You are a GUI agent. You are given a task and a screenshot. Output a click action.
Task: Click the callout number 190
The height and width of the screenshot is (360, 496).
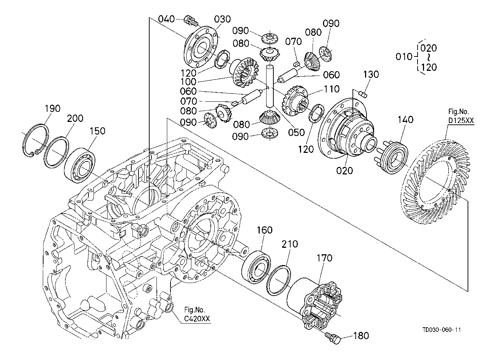[x=53, y=109]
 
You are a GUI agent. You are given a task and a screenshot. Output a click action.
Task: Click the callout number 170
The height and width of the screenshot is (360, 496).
[x=324, y=258]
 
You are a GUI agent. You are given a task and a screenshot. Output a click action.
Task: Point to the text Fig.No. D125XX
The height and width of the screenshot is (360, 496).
[x=461, y=116]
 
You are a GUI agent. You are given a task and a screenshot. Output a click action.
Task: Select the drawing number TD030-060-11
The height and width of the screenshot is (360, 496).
[x=442, y=330]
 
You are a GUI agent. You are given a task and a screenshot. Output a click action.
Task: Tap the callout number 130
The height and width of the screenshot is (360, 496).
[x=371, y=74]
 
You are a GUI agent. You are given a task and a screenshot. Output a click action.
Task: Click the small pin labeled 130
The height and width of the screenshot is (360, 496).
[x=363, y=94]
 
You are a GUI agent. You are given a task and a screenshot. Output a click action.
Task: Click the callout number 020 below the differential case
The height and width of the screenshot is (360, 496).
[x=345, y=170]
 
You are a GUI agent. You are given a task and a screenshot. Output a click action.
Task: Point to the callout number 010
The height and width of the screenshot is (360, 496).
[x=403, y=57]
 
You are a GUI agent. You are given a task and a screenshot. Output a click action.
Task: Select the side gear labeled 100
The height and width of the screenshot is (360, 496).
[x=246, y=75]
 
